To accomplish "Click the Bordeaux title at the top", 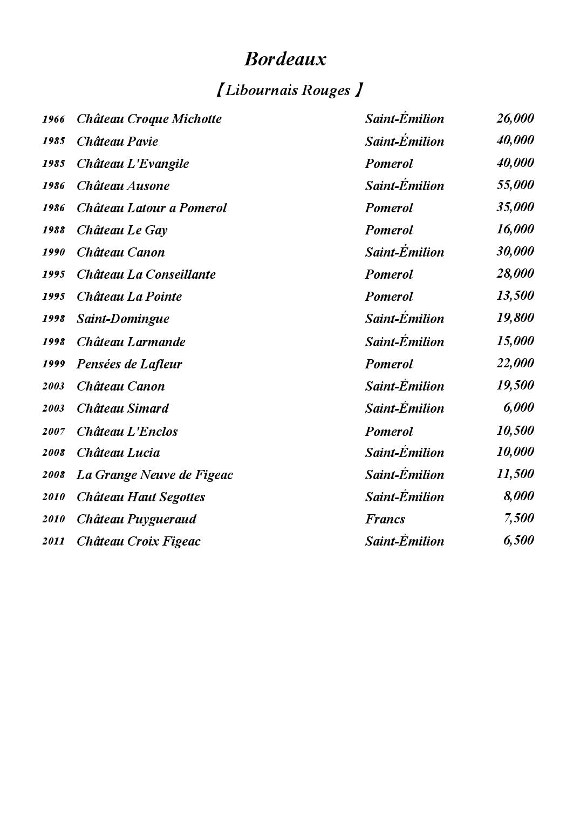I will coord(285,59).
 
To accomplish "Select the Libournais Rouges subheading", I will coord(289,90).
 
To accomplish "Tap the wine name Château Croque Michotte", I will coord(149,119).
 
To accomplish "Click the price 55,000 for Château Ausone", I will coord(515,185).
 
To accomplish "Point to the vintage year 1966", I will coord(53,119).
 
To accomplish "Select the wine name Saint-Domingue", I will coord(123,319).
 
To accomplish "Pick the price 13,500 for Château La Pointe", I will coord(515,295).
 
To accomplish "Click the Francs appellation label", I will coord(385,519).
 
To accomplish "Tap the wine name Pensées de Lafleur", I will coord(129,364).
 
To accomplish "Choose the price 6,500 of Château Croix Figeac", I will coord(518,540).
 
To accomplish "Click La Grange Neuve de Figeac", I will coord(155,475).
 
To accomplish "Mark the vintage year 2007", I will coord(53,432).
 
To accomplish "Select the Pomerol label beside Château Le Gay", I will coord(388,230).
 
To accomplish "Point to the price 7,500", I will coord(518,518).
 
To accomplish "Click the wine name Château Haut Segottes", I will coord(141,497).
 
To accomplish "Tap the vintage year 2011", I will coord(53,541).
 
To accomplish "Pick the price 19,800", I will coord(515,318).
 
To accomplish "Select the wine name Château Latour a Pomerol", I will coord(152,208).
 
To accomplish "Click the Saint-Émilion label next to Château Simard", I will coord(404,408).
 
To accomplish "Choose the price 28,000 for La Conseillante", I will coord(515,273).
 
